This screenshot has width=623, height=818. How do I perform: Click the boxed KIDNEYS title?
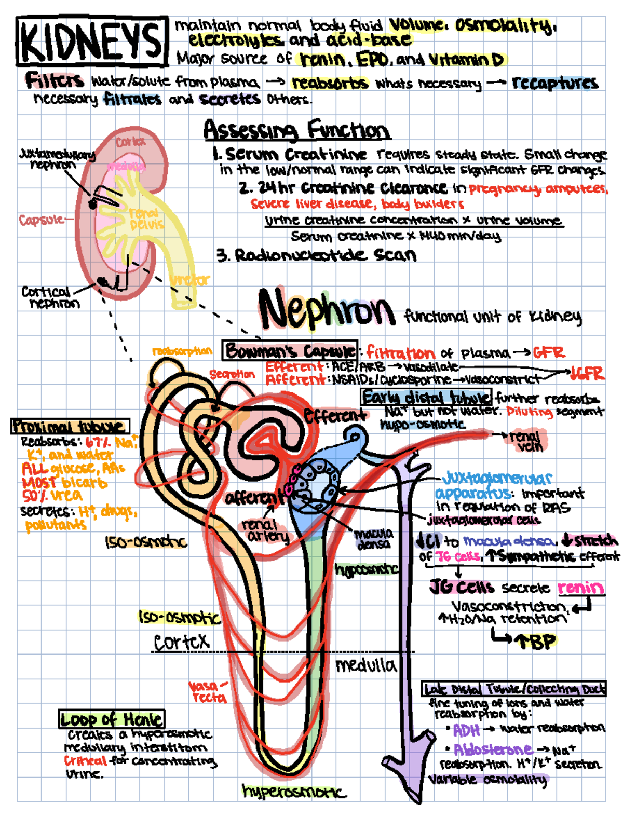click(x=92, y=41)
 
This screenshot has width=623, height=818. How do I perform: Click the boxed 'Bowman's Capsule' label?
click(x=290, y=351)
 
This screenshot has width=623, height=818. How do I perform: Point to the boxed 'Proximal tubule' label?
click(x=70, y=427)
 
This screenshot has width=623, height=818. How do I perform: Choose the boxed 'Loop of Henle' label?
click(x=112, y=719)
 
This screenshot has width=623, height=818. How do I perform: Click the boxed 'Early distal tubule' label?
click(x=426, y=398)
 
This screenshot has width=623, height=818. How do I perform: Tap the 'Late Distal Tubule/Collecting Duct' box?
click(x=514, y=689)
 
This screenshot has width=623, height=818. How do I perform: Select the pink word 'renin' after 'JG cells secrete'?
click(x=580, y=588)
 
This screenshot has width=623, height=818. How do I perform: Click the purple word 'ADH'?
click(x=466, y=730)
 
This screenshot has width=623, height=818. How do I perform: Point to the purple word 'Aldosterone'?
click(x=493, y=749)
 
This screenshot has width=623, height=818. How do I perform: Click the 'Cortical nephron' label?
click(x=50, y=297)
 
